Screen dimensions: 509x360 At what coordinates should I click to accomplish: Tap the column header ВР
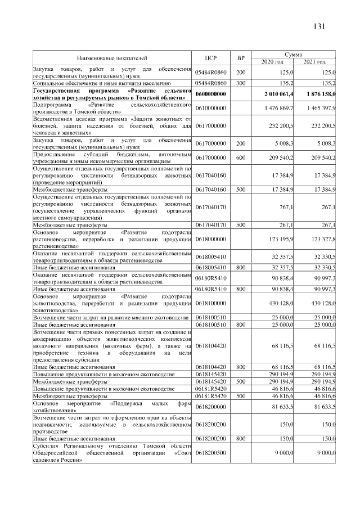click(241, 57)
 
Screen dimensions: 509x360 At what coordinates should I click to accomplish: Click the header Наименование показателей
click(112, 57)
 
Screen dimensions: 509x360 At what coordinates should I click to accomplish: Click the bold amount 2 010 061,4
click(276, 93)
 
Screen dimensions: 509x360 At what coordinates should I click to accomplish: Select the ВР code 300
click(241, 83)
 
